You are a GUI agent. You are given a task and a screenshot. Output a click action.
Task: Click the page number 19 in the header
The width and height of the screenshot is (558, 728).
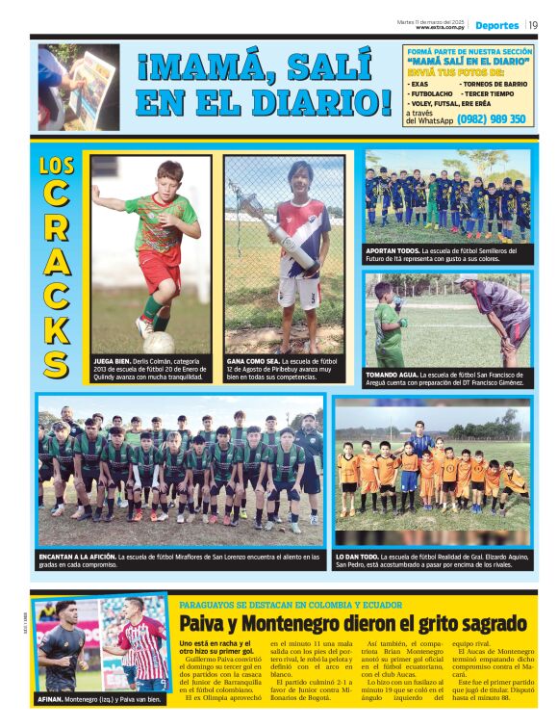click(533, 24)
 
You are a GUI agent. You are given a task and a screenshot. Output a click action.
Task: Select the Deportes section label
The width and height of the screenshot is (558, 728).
click(497, 24)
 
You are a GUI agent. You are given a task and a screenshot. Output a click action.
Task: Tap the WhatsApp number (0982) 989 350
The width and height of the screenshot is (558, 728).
click(492, 119)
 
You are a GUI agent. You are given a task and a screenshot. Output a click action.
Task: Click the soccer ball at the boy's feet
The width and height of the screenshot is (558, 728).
click(160, 342)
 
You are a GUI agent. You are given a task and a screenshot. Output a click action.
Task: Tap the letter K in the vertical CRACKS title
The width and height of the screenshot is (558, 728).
click(57, 327)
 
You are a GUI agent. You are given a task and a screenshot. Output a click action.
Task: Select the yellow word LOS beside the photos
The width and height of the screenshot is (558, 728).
click(57, 166)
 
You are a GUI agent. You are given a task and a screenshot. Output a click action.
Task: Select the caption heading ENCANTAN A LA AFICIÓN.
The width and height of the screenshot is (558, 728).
click(88, 556)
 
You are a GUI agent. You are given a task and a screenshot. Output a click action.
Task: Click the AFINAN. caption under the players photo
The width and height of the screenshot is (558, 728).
click(49, 700)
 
